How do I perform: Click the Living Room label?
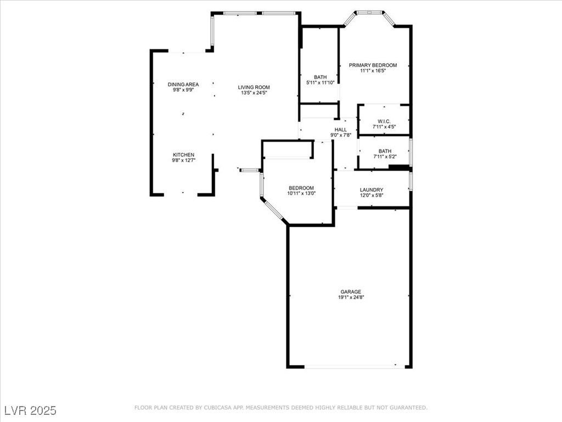coord(254,87)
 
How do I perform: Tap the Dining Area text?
coord(183,84)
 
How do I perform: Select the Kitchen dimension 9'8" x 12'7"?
coord(183,160)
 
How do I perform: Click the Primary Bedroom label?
coord(373,65)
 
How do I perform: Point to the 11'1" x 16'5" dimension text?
coord(373,71)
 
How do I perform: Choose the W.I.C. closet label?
coord(384,121)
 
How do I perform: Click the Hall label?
coord(341,130)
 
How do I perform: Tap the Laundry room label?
coord(372,190)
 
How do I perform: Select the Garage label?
coord(351,292)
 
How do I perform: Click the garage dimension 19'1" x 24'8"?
coord(351,297)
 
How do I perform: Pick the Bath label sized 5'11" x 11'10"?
coord(320,77)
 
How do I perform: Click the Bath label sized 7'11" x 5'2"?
coord(385,151)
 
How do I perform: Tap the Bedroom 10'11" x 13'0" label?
coord(301,188)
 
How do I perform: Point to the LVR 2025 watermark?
coord(30,410)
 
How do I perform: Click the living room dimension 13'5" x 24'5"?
coord(254,93)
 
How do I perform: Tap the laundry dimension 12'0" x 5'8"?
coord(372,195)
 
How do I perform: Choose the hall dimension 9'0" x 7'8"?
coord(341,135)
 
